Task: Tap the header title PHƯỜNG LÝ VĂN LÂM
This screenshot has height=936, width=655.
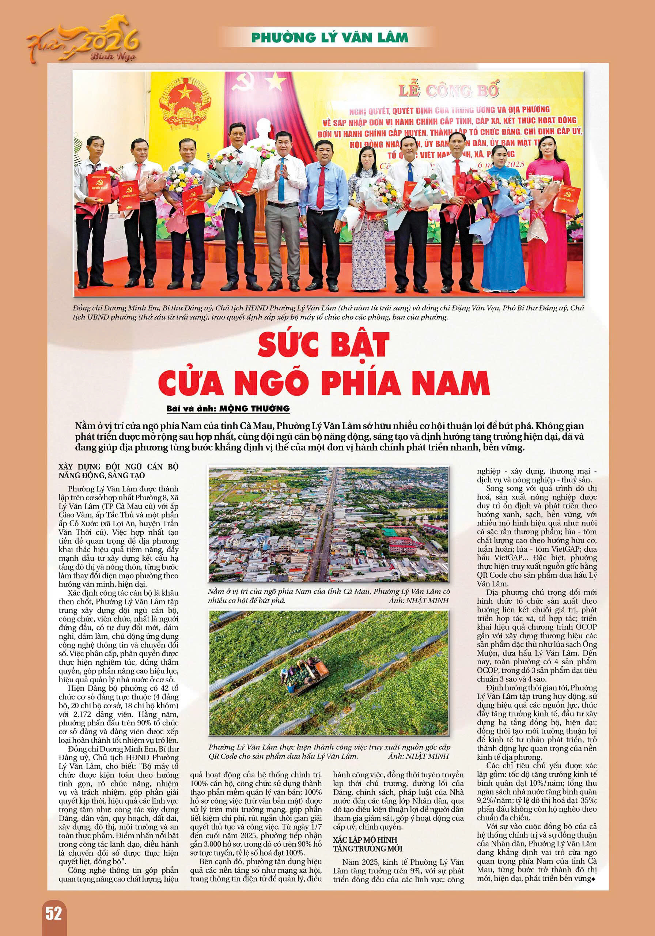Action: click(329, 38)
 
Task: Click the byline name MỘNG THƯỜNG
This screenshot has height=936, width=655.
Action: click(254, 408)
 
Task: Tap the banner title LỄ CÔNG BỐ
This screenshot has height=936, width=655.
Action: click(448, 91)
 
